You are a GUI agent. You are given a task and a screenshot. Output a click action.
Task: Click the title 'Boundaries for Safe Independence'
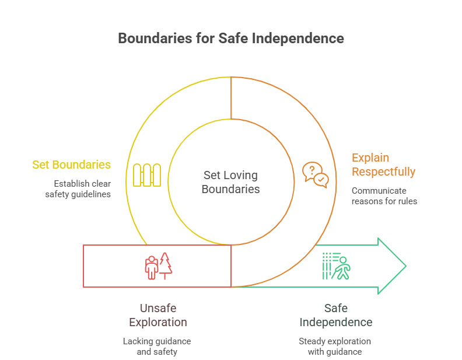(231, 39)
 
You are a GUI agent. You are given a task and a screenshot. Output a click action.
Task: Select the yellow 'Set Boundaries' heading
(71, 165)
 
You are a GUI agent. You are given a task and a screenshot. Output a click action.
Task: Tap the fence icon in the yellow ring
(146, 175)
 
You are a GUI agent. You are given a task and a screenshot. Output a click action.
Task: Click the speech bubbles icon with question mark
(314, 175)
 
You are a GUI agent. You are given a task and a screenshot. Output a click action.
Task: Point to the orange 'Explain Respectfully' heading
(383, 165)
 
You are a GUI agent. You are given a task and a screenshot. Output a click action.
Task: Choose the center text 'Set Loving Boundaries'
(230, 181)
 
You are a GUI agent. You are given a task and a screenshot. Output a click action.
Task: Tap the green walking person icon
(335, 266)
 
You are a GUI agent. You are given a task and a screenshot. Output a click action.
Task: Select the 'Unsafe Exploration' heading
(157, 315)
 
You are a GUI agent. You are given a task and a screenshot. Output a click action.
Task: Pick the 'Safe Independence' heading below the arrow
(335, 315)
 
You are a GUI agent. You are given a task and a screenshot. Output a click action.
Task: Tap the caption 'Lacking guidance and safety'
(157, 346)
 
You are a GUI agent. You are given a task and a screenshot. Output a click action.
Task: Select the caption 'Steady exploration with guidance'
(335, 346)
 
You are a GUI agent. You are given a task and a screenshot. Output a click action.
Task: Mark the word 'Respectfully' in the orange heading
(383, 172)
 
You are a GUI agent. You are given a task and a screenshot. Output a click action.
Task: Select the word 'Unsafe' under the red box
(157, 308)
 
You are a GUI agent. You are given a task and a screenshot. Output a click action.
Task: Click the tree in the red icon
(166, 264)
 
